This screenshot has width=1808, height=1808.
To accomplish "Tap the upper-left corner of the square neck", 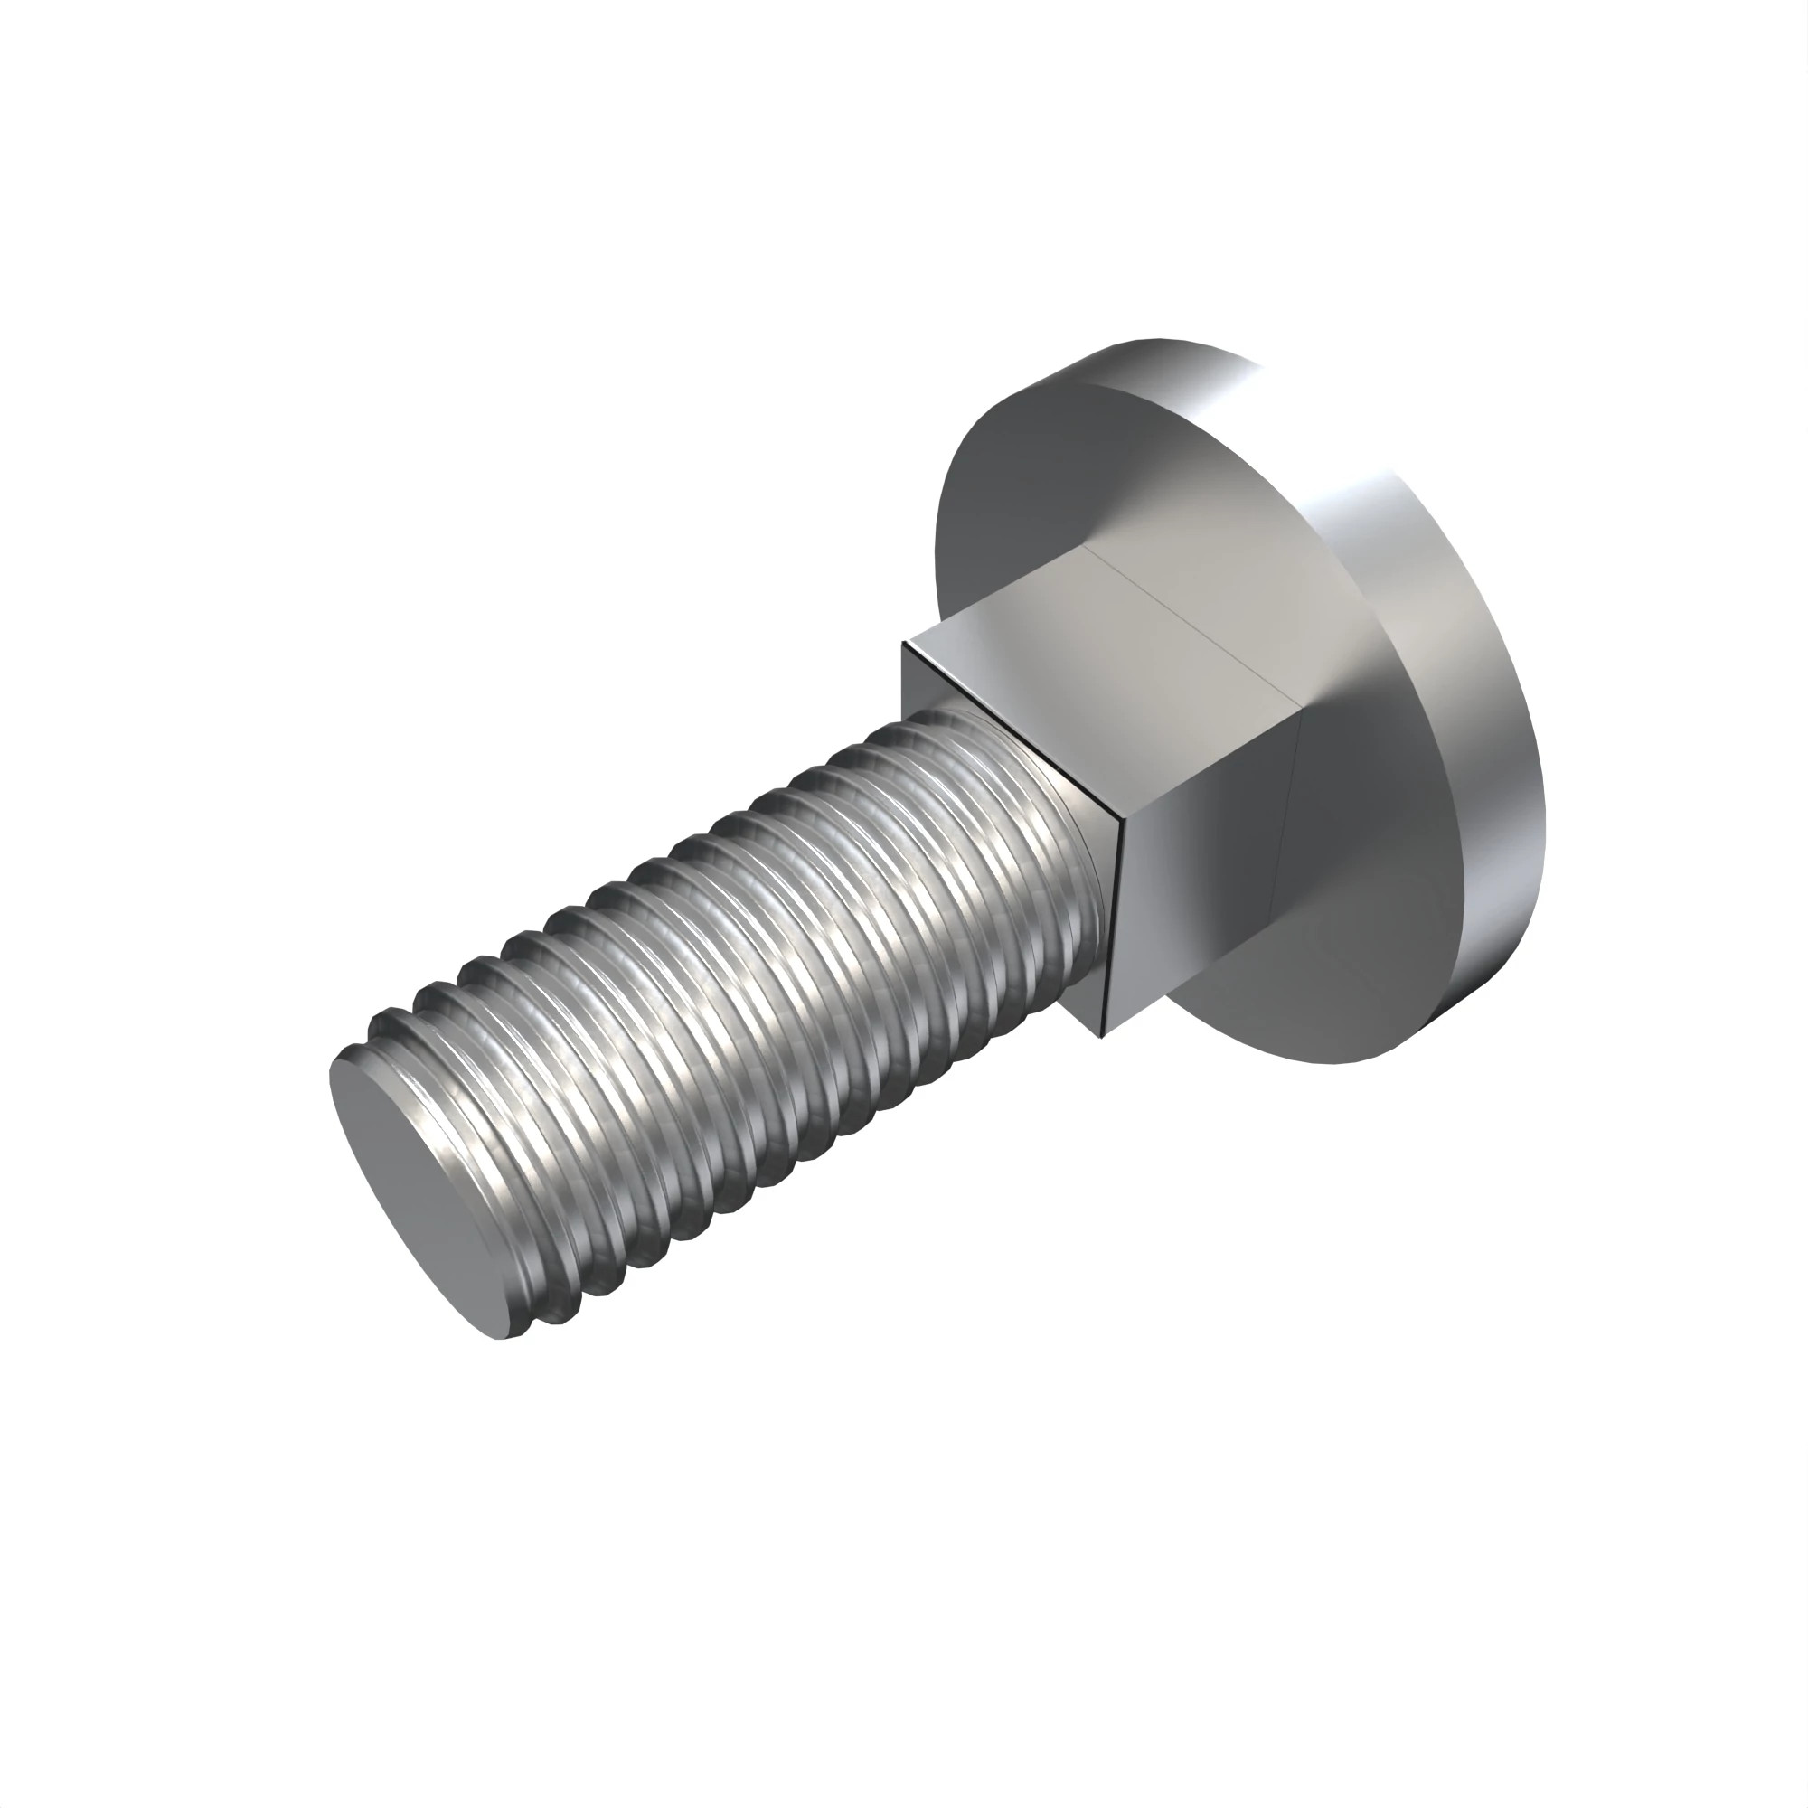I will coord(903,642).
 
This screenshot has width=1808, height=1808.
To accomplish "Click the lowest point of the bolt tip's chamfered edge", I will coord(505,1338).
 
